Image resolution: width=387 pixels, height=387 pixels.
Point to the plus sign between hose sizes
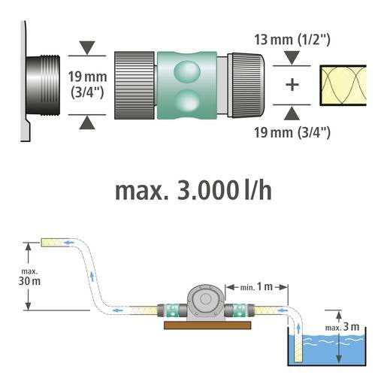point(292,84)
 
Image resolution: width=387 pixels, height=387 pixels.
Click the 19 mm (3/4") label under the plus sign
point(292,133)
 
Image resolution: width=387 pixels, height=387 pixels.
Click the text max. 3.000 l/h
point(193,190)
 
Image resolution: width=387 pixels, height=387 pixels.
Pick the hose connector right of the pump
point(241,309)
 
